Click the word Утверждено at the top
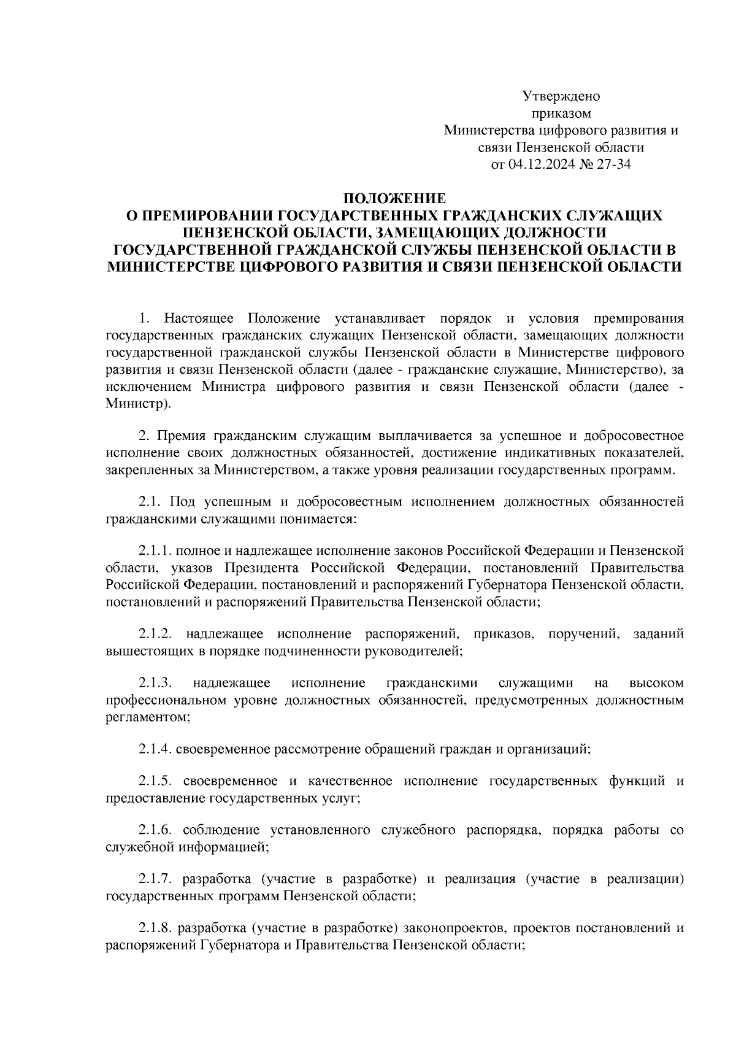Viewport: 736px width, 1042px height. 561,96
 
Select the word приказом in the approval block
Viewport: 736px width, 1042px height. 561,114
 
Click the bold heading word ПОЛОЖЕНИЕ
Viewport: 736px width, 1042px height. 394,199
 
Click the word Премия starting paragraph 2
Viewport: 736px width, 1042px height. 182,436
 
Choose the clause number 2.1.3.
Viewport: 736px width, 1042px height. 154,683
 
